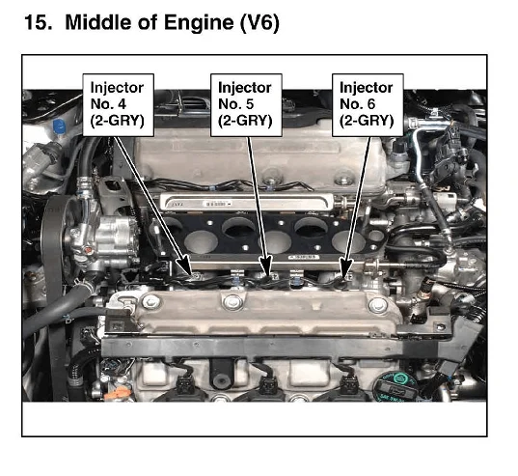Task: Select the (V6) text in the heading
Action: [259, 24]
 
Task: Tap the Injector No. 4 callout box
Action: [119, 105]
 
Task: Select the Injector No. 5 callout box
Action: [246, 105]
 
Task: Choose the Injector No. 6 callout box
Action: [368, 105]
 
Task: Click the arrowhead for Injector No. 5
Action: [265, 266]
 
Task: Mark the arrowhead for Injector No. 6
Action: [345, 267]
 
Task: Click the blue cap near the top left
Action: [59, 126]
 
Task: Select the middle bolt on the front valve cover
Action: [232, 302]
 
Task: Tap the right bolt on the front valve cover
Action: [377, 305]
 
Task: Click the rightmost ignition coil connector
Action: [347, 384]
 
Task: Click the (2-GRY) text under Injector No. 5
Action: [245, 121]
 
